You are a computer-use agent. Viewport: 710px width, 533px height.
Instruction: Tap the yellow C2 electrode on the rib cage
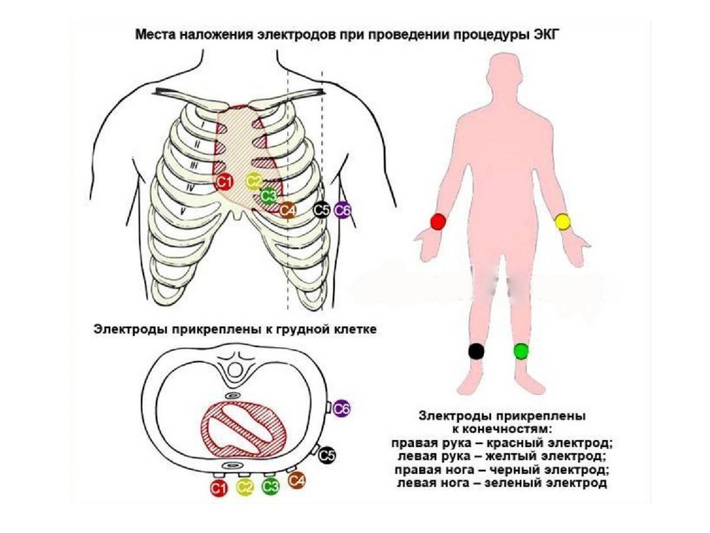point(254,182)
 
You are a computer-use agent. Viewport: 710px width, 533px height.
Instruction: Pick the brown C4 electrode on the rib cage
point(288,209)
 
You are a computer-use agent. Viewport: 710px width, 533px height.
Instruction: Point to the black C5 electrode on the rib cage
point(321,209)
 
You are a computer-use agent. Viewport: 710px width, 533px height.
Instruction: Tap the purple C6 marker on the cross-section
point(341,409)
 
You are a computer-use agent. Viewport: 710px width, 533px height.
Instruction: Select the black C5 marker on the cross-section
point(327,455)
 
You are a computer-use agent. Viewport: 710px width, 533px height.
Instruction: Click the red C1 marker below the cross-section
point(219,488)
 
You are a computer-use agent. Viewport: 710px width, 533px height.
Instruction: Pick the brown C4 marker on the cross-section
point(297,480)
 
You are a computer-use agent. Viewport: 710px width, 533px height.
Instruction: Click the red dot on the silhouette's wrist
point(438,221)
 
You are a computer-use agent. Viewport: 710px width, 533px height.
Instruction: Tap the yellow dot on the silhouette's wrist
point(562,221)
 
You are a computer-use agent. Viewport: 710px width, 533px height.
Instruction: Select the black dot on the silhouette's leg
point(476,350)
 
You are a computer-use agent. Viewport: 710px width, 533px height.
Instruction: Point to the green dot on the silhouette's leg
point(521,350)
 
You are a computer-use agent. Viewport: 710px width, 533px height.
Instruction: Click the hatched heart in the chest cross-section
point(244,427)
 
